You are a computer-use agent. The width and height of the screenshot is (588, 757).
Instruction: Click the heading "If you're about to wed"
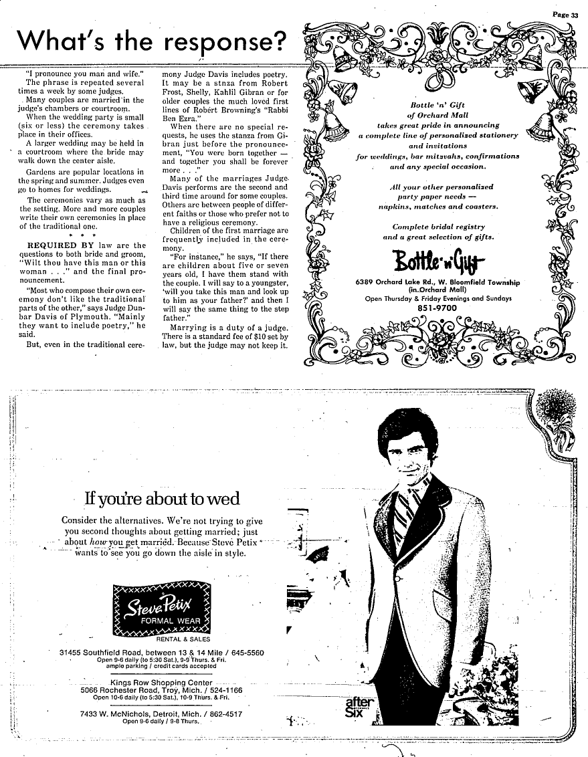161,499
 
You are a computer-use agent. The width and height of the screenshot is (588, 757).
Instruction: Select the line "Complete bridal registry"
438,226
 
